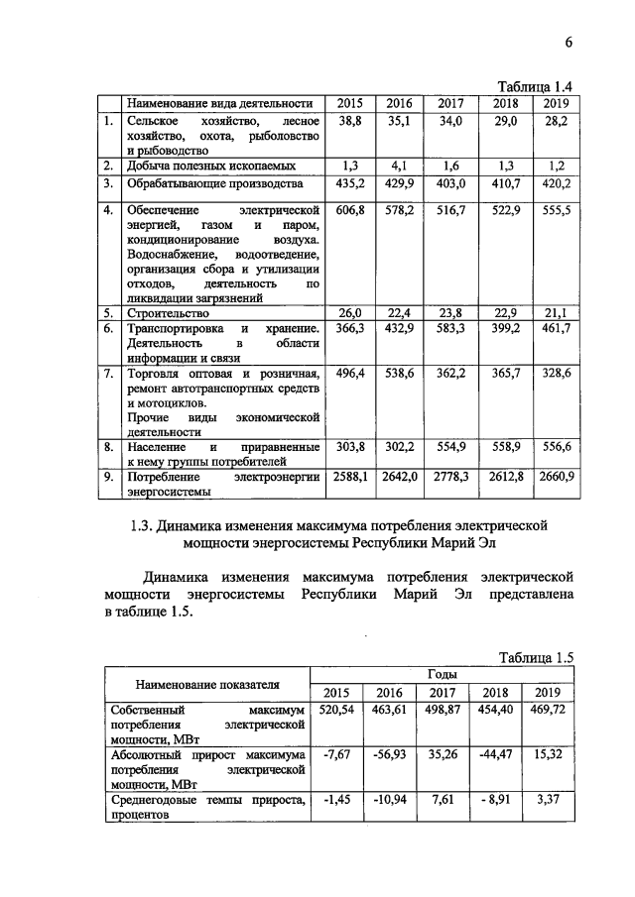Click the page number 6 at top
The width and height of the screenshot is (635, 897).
point(570,41)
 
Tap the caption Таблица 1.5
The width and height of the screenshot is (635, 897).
point(537,657)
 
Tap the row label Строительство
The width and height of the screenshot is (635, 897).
point(166,313)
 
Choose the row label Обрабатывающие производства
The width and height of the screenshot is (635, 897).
point(207,183)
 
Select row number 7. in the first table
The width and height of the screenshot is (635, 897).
point(108,374)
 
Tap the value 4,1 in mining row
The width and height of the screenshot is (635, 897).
point(399,166)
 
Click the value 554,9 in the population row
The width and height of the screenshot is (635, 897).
point(450,447)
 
